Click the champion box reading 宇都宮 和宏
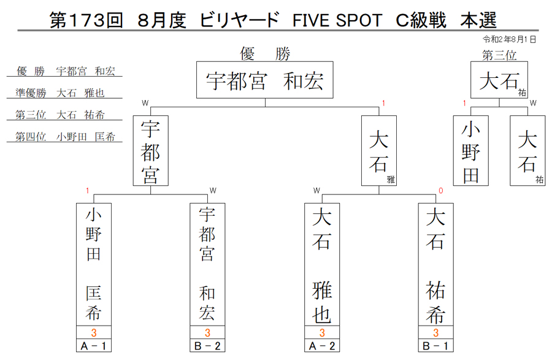tap(265, 80)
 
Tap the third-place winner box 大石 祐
tap(499, 80)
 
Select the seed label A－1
tap(94, 345)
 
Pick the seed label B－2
tap(207, 345)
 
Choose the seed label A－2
tap(322, 345)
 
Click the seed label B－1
tap(436, 345)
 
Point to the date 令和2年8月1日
tap(510, 39)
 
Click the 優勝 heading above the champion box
tap(265, 53)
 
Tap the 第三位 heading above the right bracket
tap(499, 55)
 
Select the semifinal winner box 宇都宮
tap(151, 151)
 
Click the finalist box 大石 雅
tap(379, 151)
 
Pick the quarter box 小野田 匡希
tap(94, 264)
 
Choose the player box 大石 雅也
tap(322, 264)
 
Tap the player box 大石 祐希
tap(436, 264)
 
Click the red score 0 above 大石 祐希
tap(441, 191)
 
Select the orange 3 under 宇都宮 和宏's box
tap(207, 332)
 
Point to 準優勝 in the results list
tap(31, 93)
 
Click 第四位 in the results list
tap(31, 137)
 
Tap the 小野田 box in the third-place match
tap(470, 151)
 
